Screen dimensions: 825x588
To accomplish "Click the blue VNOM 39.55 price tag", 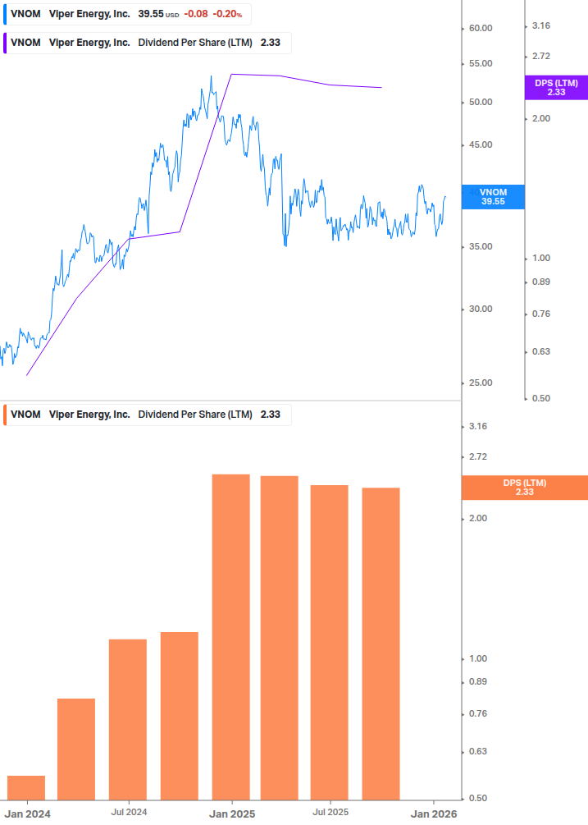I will pyautogui.click(x=493, y=196).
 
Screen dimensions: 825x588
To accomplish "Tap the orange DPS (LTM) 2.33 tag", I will pyautogui.click(x=525, y=488).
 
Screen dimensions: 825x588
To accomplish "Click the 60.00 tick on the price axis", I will pyautogui.click(x=480, y=28).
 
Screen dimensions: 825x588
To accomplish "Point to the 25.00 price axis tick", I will pyautogui.click(x=480, y=383).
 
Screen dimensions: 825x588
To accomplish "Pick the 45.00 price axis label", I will pyautogui.click(x=480, y=145).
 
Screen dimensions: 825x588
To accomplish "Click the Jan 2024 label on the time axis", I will pyautogui.click(x=27, y=814).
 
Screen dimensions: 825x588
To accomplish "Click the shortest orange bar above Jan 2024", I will pyautogui.click(x=26, y=786).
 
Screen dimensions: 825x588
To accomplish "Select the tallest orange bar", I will pyautogui.click(x=231, y=636).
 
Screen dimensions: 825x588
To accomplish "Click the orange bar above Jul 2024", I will pyautogui.click(x=128, y=718).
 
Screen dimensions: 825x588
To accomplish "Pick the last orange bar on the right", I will pyautogui.click(x=381, y=643).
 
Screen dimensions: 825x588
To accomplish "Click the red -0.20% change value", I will pyautogui.click(x=228, y=15).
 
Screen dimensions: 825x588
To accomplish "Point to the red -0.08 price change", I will pyautogui.click(x=195, y=15).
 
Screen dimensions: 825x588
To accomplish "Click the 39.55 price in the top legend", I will pyautogui.click(x=151, y=15).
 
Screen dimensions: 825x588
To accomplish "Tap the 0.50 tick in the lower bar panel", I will pyautogui.click(x=477, y=798).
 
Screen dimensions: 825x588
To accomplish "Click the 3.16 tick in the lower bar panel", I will pyautogui.click(x=477, y=426).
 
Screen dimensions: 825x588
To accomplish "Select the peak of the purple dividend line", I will pyautogui.click(x=232, y=75).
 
